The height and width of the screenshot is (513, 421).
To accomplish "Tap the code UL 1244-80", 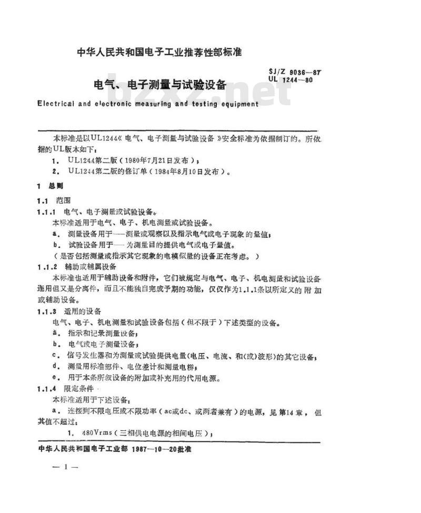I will point(290,80).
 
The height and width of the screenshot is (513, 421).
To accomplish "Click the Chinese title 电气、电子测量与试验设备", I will point(159,85).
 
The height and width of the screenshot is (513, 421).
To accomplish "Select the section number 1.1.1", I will point(47,212).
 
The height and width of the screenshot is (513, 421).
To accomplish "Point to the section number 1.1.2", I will point(47,267).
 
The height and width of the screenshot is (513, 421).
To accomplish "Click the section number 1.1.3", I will point(47,311).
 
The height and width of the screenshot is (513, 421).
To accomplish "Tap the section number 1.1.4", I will point(47,388).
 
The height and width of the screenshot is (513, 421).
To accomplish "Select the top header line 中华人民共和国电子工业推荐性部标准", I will point(159,52).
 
